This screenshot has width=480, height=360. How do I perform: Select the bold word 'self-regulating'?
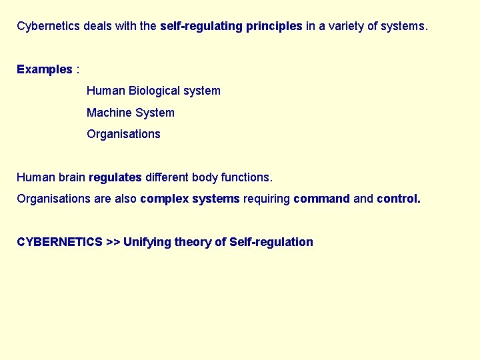click(197, 27)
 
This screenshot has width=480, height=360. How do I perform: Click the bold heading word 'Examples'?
click(44, 69)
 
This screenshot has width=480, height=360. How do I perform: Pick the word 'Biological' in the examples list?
click(156, 91)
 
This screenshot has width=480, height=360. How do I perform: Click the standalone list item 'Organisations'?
click(123, 134)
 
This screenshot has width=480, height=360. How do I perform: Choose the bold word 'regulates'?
click(115, 177)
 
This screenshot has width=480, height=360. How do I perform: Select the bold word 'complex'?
click(164, 199)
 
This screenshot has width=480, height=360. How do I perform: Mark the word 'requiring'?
click(267, 199)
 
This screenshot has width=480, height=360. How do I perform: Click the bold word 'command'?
click(321, 199)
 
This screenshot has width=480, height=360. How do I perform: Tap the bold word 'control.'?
click(399, 199)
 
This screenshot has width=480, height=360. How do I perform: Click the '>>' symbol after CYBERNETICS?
click(113, 242)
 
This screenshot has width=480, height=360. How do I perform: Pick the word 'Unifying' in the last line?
click(147, 242)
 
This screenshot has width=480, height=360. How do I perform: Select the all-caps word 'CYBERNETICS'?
click(59, 242)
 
